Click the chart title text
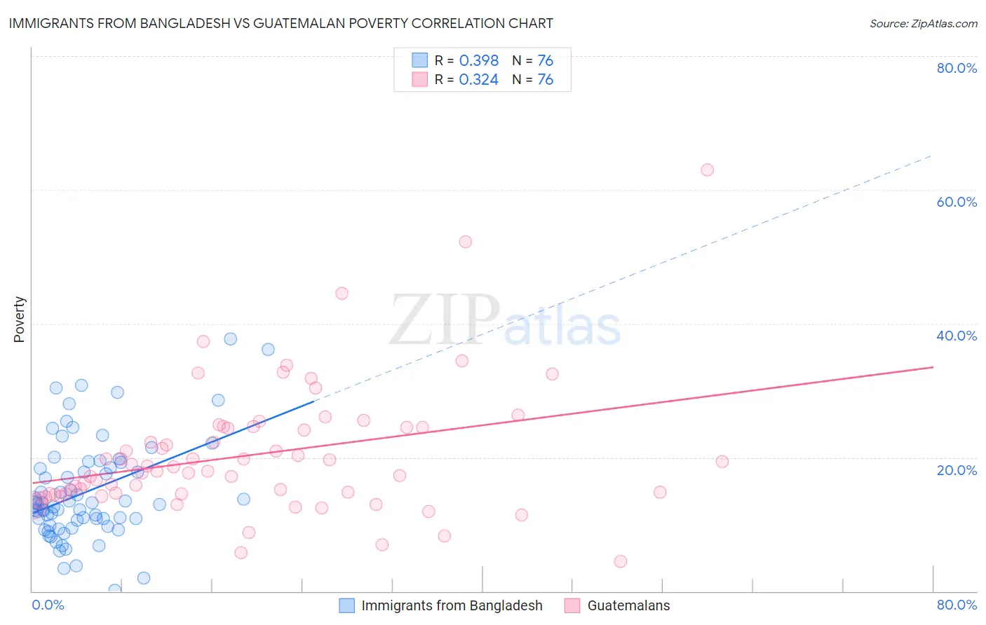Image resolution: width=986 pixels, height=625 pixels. (x=281, y=24)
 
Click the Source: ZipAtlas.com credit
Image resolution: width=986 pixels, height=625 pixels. (x=923, y=24)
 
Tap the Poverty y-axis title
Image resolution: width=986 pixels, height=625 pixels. (x=20, y=320)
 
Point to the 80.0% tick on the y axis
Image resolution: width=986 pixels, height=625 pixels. (x=957, y=68)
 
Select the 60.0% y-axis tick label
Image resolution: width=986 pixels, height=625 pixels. (x=957, y=202)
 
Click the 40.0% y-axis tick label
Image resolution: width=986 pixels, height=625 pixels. (x=957, y=336)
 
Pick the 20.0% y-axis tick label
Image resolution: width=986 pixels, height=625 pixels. (x=957, y=470)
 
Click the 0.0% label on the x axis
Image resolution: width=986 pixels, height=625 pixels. (x=48, y=605)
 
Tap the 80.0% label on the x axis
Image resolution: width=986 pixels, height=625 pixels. (x=957, y=605)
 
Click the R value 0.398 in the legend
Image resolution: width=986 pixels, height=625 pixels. (x=478, y=61)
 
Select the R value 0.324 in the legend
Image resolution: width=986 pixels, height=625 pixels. (x=478, y=80)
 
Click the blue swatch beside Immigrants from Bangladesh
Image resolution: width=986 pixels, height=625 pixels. (x=346, y=606)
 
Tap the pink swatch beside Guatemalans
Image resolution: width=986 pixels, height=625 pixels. (x=572, y=606)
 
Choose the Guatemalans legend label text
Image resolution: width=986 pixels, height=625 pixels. (x=628, y=606)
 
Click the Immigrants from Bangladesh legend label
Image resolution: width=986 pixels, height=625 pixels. (x=452, y=606)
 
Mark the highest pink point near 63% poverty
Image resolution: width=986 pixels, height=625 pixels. (x=707, y=170)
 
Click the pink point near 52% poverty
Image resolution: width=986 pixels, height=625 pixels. (x=465, y=242)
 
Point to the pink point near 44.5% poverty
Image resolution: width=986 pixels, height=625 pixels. (x=342, y=294)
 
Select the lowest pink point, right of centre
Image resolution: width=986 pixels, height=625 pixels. (x=620, y=561)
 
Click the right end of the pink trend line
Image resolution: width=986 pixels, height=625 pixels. (x=933, y=367)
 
